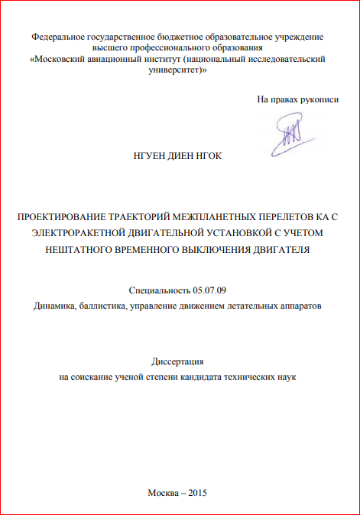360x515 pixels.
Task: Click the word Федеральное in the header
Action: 62,36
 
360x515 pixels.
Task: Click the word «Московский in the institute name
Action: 59,58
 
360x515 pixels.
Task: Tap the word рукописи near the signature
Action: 315,99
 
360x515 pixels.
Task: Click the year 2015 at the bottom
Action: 198,492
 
